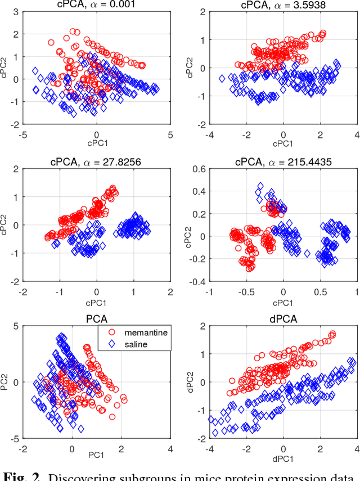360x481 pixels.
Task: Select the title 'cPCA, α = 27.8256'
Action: click(96, 161)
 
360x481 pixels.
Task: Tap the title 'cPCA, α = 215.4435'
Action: click(283, 161)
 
